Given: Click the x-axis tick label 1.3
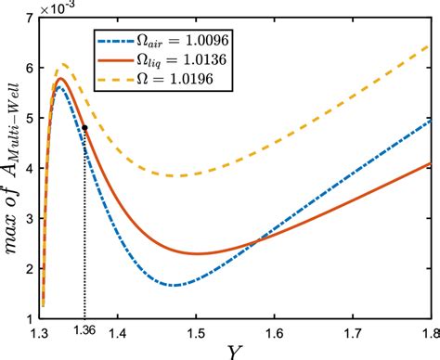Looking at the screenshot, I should [x=42, y=331].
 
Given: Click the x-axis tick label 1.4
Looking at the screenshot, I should [x=119, y=331].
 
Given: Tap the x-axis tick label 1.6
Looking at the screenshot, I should [x=275, y=331].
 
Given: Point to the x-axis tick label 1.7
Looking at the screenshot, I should [x=353, y=331].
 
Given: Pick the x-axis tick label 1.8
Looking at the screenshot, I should [x=428, y=331].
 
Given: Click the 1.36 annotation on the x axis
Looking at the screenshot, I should [x=85, y=331].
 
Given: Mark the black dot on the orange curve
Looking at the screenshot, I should [x=85, y=128].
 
